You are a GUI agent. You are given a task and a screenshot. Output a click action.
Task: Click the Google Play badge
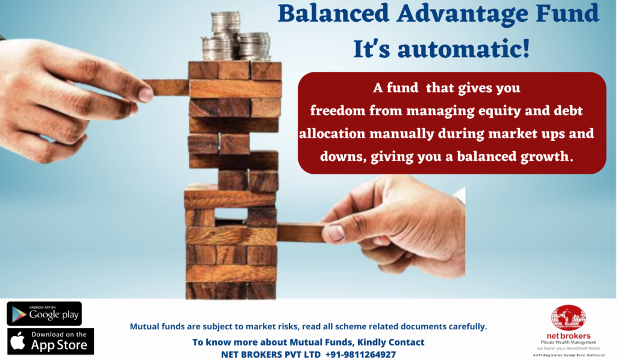[x=44, y=314]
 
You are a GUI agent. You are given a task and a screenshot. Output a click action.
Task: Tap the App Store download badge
[x=51, y=341]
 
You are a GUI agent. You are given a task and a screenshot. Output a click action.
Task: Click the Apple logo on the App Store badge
[x=17, y=341]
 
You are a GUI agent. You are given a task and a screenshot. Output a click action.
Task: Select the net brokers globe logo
[x=568, y=318]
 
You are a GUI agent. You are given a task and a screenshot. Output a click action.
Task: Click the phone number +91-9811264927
[x=360, y=355]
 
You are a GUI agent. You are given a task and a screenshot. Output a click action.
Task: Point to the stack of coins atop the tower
[x=236, y=36]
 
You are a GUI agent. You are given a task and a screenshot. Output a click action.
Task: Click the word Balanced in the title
[x=333, y=14]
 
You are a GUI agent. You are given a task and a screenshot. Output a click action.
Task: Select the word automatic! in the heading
[x=463, y=49]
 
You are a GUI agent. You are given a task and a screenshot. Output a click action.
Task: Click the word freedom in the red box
[x=337, y=111]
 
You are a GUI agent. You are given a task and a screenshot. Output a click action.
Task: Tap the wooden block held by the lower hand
[x=301, y=232]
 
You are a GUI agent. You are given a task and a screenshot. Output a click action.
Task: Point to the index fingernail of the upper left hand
[x=146, y=94]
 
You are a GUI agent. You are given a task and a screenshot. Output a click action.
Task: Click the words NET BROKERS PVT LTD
[x=271, y=355]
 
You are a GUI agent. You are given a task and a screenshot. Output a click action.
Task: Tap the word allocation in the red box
[x=333, y=133]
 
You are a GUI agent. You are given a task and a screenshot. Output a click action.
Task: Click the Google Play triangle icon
[x=19, y=314]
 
